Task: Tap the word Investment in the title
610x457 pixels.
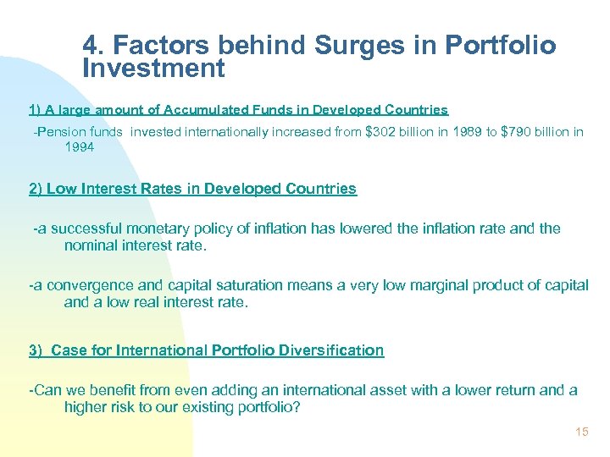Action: (153, 69)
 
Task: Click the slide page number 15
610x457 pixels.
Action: (581, 432)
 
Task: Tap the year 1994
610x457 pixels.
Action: (80, 147)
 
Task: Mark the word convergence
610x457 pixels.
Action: (86, 285)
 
